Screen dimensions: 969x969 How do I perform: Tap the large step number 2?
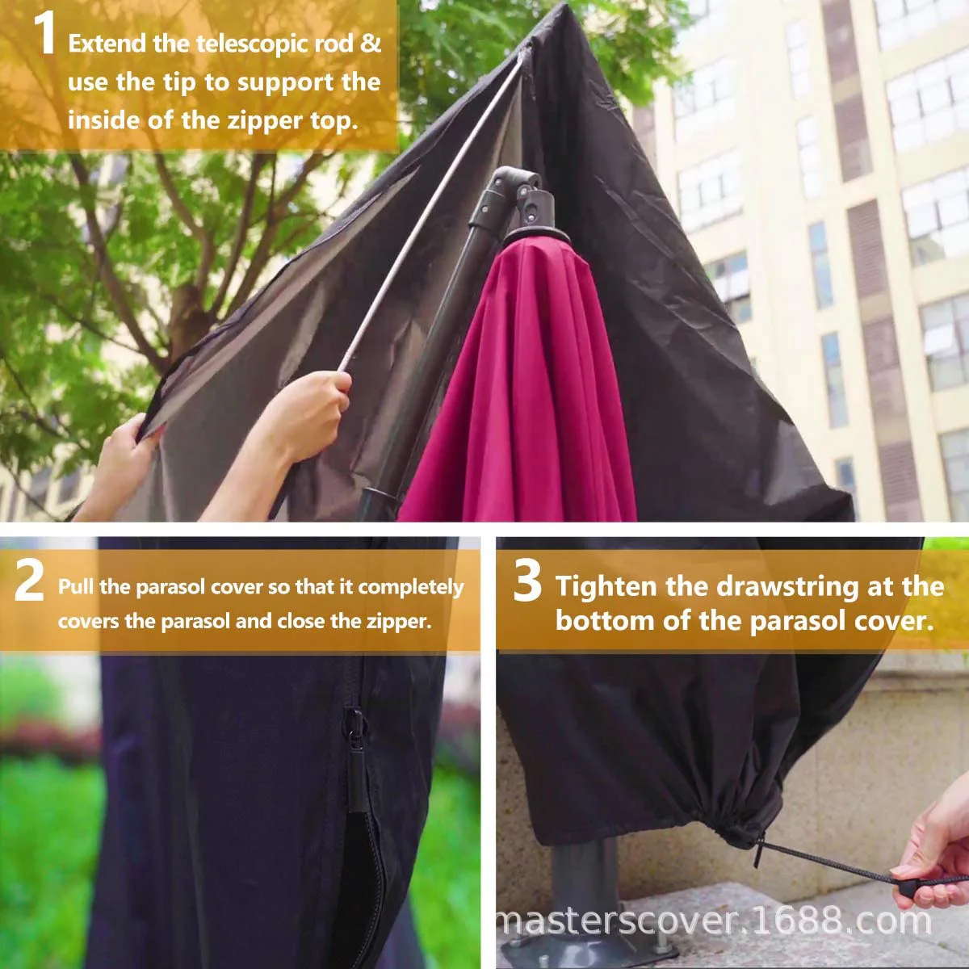30,583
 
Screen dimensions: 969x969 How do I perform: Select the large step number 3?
527,583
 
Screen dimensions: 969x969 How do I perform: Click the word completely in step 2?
410,587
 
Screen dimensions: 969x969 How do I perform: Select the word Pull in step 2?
73,587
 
